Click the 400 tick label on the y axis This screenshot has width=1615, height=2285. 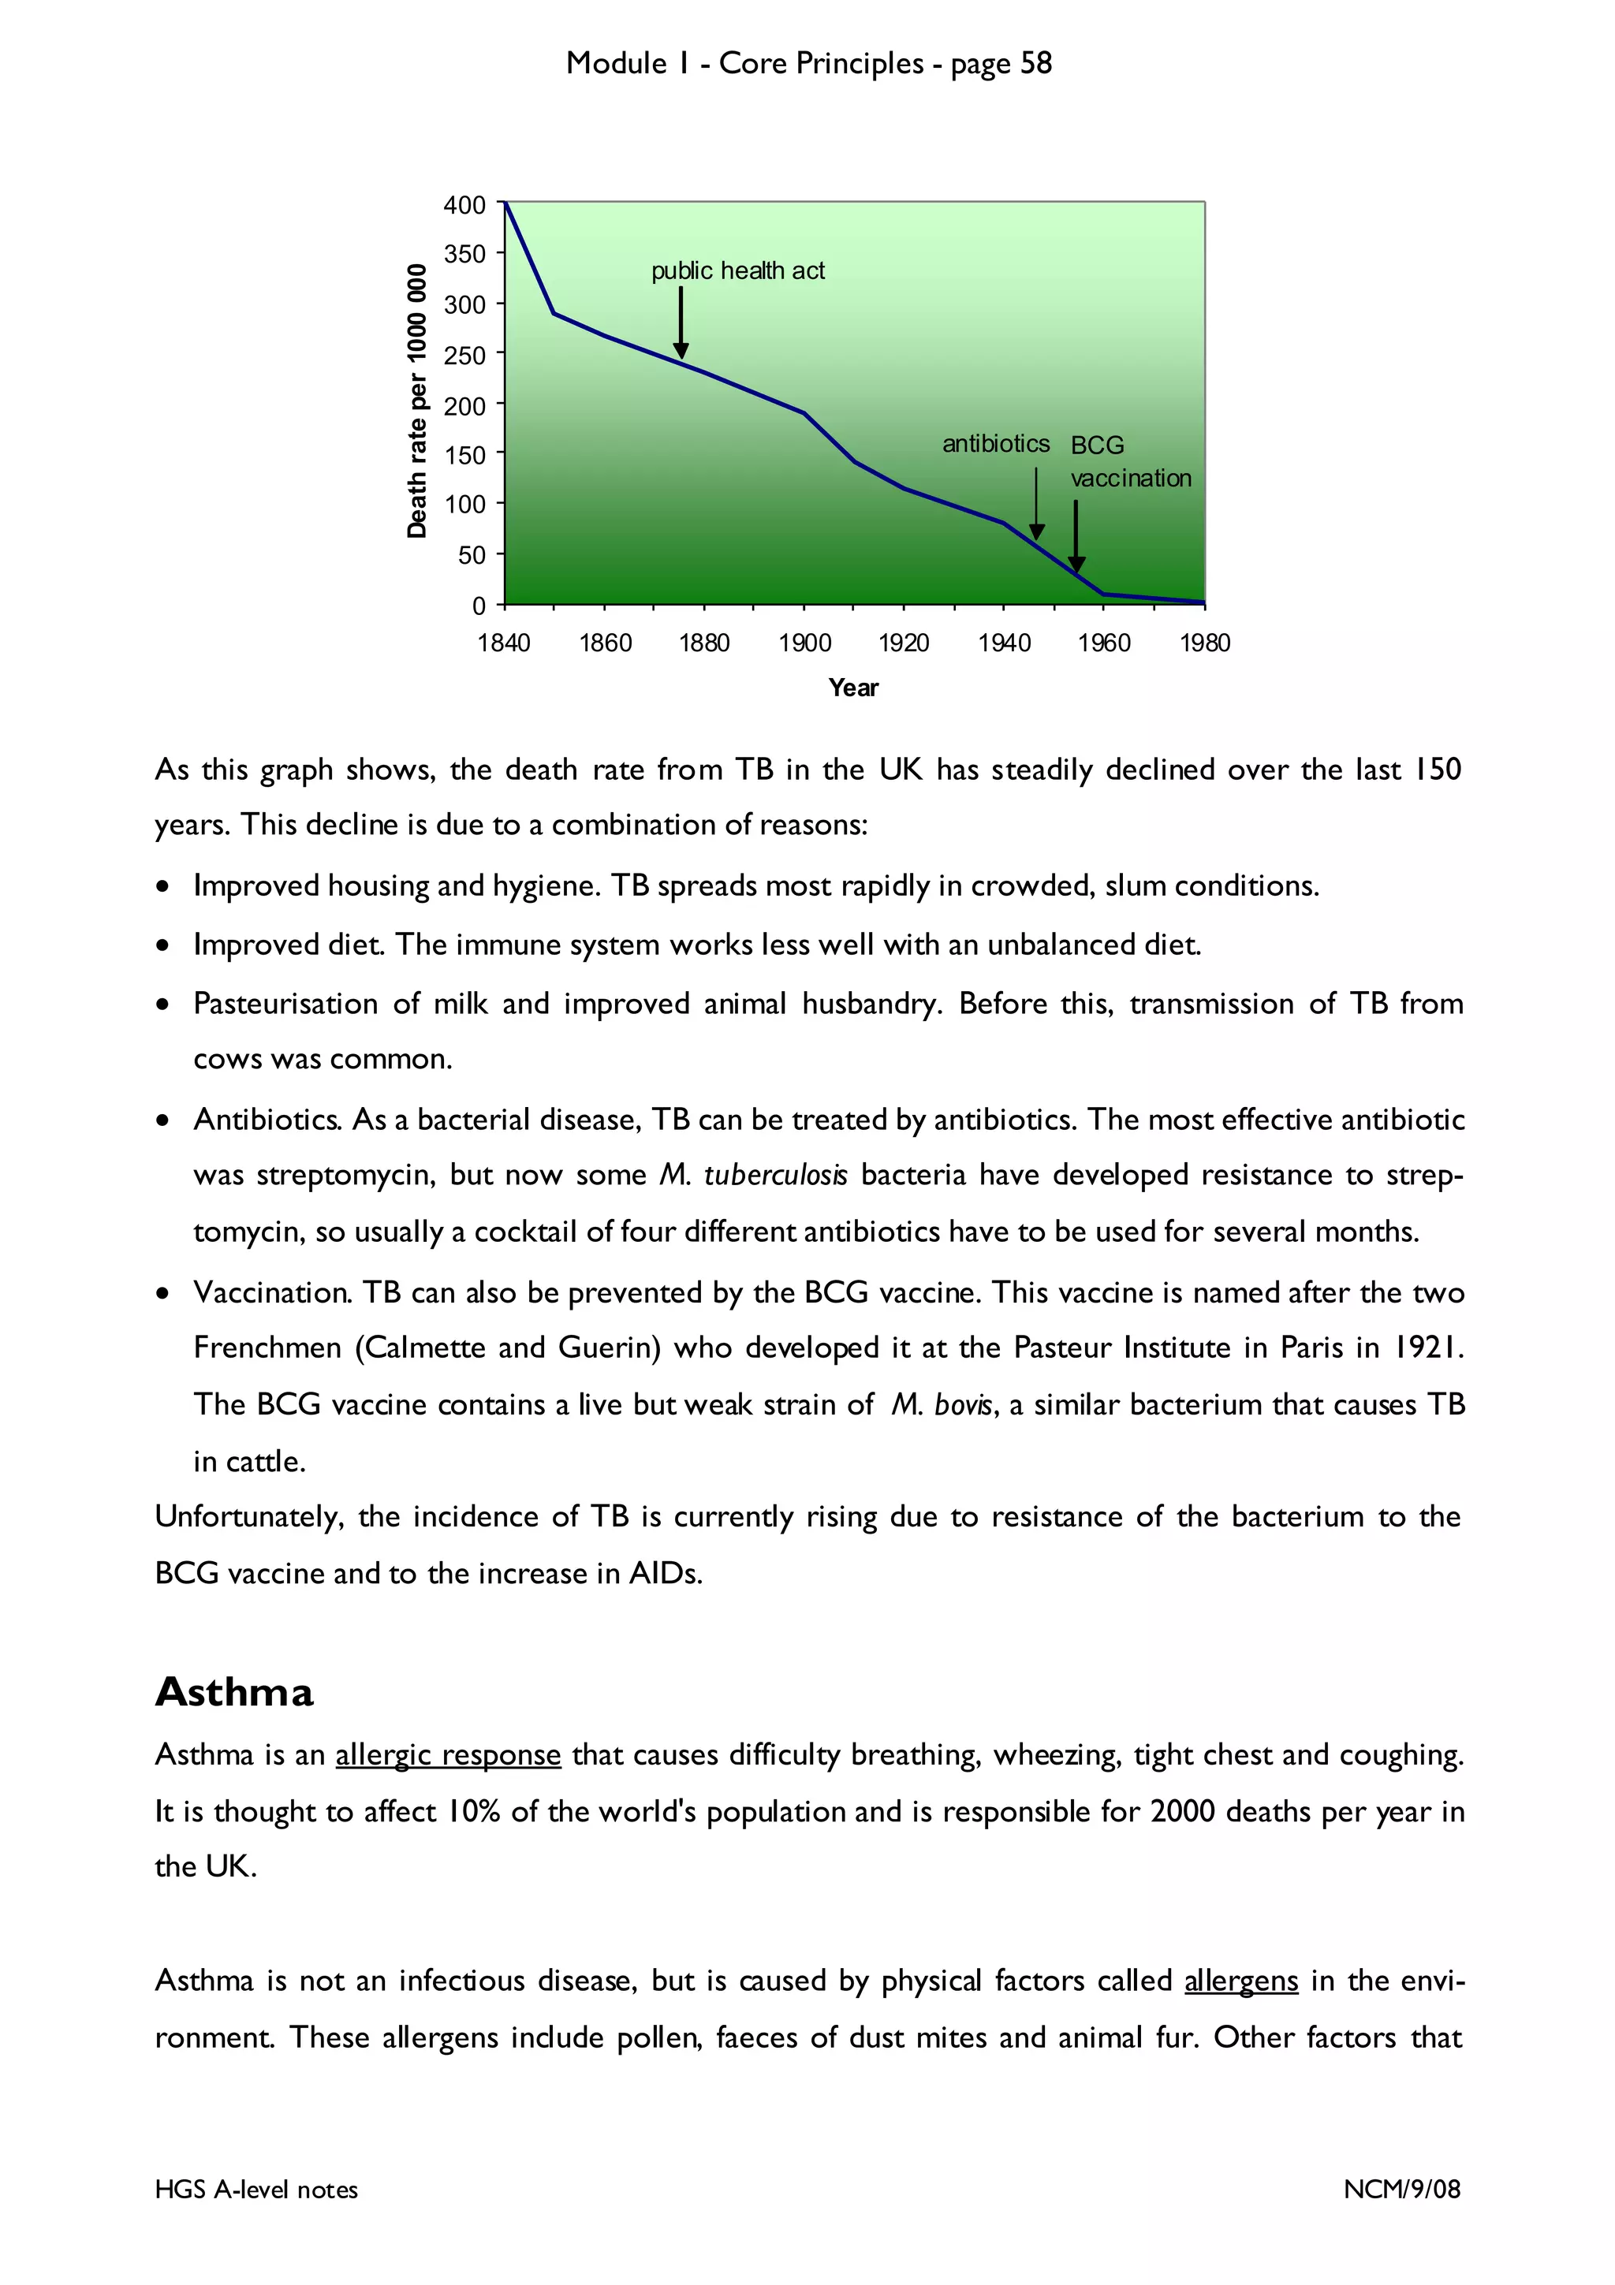464,205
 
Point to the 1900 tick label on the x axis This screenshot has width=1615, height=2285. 804,643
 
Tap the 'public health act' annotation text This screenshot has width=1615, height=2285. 737,270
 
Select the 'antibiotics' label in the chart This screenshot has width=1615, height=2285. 995,444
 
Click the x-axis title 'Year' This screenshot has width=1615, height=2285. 852,688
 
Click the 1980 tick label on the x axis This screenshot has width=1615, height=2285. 1204,643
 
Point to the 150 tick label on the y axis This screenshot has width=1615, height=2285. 464,456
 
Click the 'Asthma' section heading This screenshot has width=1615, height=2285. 234,1692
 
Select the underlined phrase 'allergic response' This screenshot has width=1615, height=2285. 448,1754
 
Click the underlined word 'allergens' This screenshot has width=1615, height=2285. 1241,1981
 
